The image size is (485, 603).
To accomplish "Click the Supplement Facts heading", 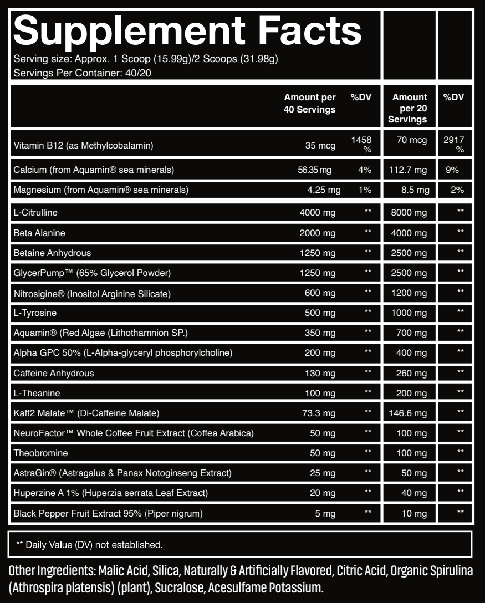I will point(187,31).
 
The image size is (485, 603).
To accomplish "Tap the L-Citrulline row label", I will point(35,213).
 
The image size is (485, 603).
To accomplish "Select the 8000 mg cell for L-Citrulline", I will point(409,213).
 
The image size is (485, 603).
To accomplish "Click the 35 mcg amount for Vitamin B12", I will point(320,146).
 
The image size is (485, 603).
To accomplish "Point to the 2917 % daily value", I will point(454,145).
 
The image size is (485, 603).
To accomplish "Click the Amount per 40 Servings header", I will point(310,104).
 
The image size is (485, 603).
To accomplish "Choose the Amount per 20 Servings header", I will point(409,108).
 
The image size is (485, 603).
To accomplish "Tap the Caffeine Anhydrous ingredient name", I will point(54,373).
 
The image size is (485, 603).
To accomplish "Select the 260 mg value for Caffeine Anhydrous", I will point(411,373).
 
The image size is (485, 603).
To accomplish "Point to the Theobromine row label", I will point(40,453).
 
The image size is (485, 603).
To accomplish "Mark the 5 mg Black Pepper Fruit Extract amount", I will point(325,513).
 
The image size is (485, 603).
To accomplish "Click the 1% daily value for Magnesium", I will point(364,190).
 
